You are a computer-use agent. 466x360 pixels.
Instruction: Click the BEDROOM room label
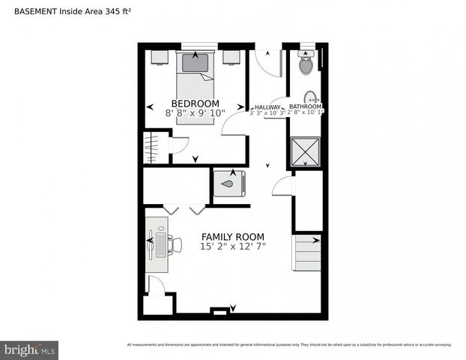195,103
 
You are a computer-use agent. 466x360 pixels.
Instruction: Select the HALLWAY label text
267,107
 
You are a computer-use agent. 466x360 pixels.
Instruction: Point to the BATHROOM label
306,107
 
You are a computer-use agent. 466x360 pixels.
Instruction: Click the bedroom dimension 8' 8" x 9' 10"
195,113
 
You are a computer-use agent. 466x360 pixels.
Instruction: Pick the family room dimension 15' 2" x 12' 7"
233,246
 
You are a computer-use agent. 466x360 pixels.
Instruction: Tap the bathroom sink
311,97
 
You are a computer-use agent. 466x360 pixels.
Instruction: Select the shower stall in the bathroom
306,151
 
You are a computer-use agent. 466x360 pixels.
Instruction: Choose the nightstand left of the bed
159,57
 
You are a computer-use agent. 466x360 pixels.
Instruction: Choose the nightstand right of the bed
232,57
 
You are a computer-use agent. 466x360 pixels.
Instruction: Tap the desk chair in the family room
175,244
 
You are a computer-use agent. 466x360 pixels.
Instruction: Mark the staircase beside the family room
306,253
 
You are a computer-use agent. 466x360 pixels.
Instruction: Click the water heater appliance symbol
230,183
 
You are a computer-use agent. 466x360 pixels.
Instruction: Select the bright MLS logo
29,350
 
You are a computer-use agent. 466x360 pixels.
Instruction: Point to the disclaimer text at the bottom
289,345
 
